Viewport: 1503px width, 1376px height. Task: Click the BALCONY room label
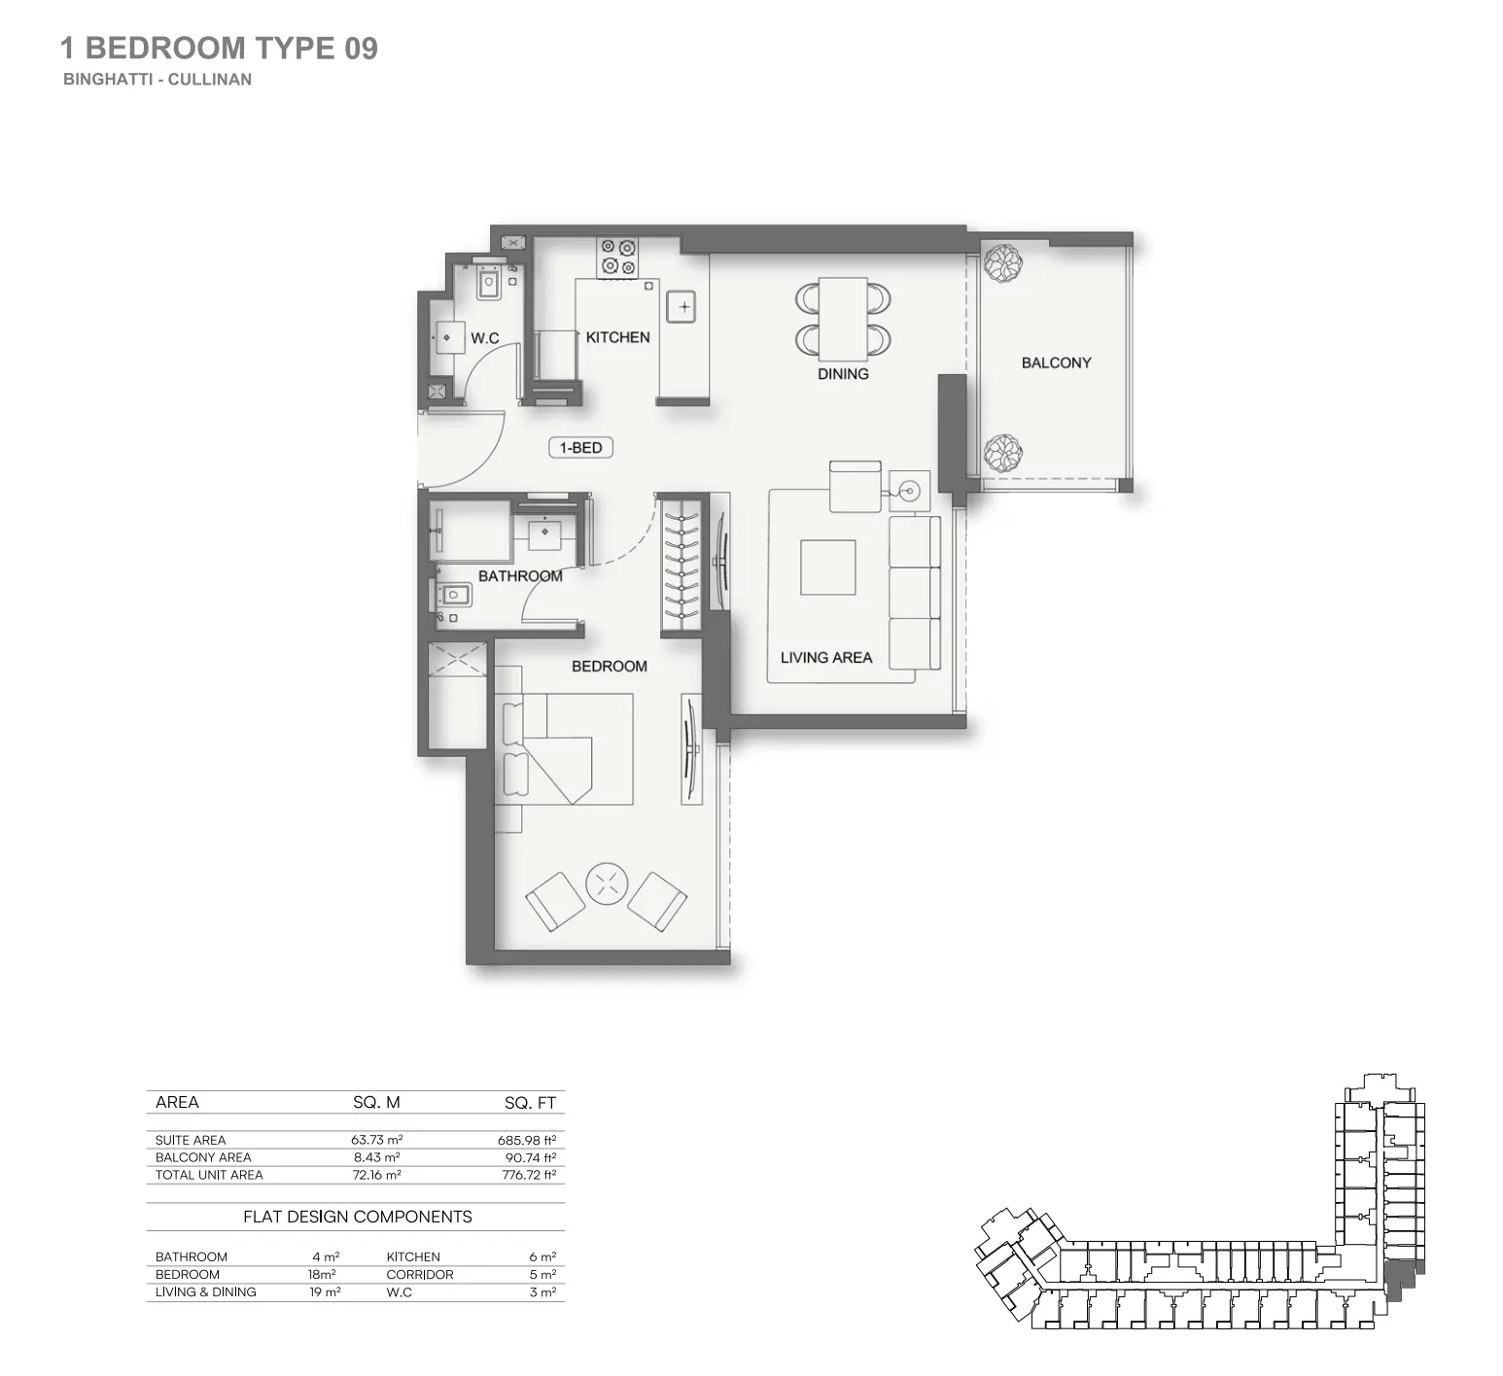pyautogui.click(x=1056, y=362)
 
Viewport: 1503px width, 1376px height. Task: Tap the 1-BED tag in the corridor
pyautogui.click(x=580, y=448)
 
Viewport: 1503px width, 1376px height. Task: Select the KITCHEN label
pyautogui.click(x=617, y=337)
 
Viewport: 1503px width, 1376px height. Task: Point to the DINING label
pyautogui.click(x=843, y=373)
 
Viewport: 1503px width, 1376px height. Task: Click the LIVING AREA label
pyautogui.click(x=825, y=657)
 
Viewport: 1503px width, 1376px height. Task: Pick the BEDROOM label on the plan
pyautogui.click(x=609, y=666)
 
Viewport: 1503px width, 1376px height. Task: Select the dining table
pyautogui.click(x=843, y=318)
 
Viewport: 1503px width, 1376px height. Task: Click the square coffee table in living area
pyautogui.click(x=828, y=568)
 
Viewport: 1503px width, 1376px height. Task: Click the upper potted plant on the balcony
pyautogui.click(x=1000, y=262)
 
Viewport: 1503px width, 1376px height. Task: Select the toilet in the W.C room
pyautogui.click(x=488, y=283)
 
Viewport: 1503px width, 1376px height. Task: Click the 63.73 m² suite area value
pyautogui.click(x=376, y=1140)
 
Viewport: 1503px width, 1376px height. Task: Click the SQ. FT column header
pyautogui.click(x=530, y=1102)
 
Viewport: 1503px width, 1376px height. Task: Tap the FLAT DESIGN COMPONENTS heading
pyautogui.click(x=357, y=1217)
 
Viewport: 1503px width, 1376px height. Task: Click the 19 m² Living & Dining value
pyautogui.click(x=325, y=1291)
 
